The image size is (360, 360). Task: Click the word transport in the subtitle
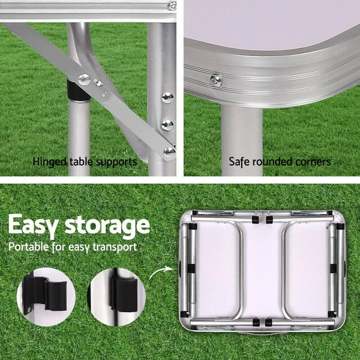click(x=116, y=247)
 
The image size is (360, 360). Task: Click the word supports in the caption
click(x=116, y=161)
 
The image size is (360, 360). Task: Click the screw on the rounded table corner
click(x=215, y=80)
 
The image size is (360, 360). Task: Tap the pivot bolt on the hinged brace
click(x=84, y=79)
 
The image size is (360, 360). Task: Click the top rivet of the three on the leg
click(x=167, y=97)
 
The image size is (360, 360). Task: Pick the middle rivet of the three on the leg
click(x=167, y=124)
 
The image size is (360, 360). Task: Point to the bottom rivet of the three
click(x=169, y=151)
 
